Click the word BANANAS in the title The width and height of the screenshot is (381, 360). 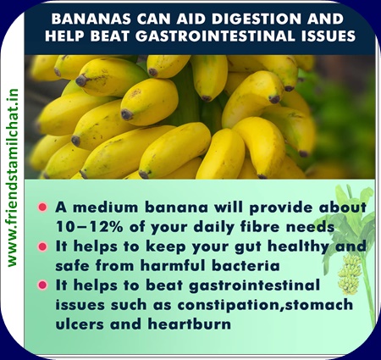coord(91,19)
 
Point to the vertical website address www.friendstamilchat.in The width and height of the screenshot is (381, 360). coord(13,178)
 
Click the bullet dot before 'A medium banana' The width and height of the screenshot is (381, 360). coord(42,208)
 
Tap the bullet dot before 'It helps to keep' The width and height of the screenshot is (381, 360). coord(42,246)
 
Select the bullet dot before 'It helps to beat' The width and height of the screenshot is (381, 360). coord(42,285)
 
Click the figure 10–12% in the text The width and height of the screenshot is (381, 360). coord(89,226)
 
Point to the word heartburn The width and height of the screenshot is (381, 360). coord(190,324)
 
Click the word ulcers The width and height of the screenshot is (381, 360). coord(80,324)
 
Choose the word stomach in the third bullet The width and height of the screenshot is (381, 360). coord(319,305)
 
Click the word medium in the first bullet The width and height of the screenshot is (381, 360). coord(106,208)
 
